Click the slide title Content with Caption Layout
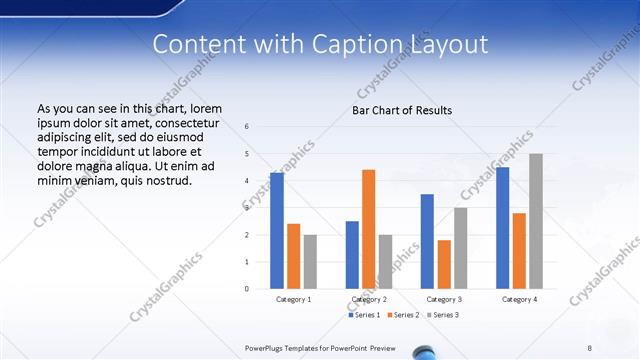click(x=320, y=45)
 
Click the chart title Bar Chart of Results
click(x=401, y=110)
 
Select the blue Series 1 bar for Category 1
click(x=277, y=230)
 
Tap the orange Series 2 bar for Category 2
click(x=368, y=229)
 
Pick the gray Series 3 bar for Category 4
click(x=536, y=221)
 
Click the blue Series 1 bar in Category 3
click(x=427, y=241)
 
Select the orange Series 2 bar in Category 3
click(x=444, y=264)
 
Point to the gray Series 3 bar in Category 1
click(x=310, y=261)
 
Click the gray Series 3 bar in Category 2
click(x=385, y=261)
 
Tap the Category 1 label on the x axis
click(x=293, y=299)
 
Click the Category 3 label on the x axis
click(x=444, y=299)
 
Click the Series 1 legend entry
click(x=365, y=315)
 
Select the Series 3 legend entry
click(x=444, y=315)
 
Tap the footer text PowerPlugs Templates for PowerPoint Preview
click(x=320, y=347)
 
